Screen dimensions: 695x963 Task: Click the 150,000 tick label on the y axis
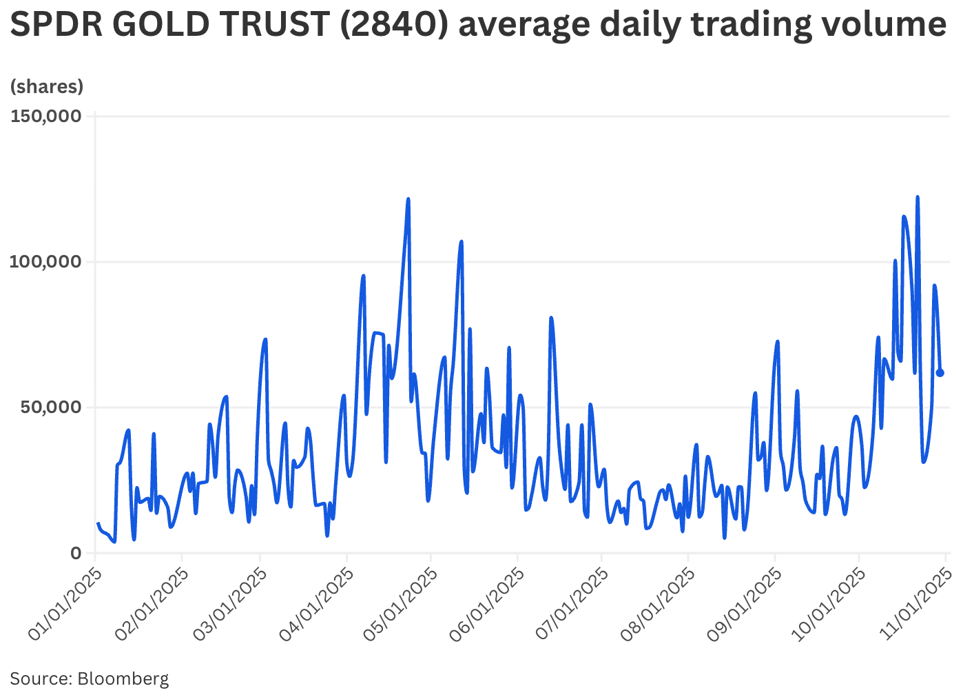coord(45,116)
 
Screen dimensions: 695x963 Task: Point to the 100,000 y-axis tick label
coord(45,262)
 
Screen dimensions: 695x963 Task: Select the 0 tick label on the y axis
coord(76,553)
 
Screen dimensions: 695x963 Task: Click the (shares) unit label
coord(47,86)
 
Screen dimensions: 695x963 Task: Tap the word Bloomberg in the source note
coord(123,678)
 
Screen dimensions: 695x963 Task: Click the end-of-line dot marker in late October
coord(940,373)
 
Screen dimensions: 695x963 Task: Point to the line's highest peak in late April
coord(408,199)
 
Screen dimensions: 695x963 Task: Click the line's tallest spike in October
coord(918,197)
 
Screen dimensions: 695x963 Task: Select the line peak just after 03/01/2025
coord(265,339)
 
